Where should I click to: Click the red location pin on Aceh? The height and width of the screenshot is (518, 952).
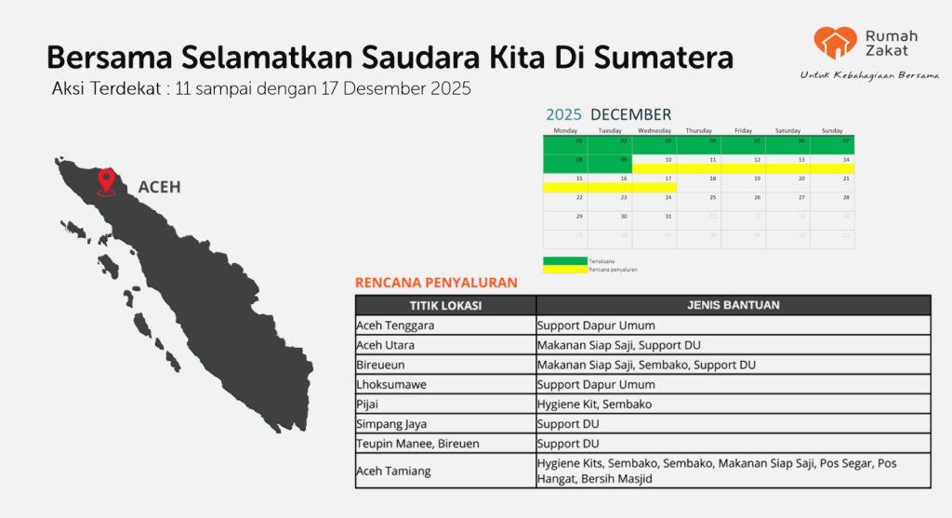(107, 180)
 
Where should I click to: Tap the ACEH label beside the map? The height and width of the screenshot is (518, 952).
(159, 187)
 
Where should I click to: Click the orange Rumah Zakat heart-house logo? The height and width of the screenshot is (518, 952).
(835, 43)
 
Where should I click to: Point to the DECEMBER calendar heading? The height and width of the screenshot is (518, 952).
(630, 114)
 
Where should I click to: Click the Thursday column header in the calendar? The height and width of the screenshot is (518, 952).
(698, 130)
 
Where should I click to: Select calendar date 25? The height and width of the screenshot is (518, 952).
(713, 197)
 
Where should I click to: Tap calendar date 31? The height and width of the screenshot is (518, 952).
(668, 216)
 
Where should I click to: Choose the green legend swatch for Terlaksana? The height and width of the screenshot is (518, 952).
(564, 260)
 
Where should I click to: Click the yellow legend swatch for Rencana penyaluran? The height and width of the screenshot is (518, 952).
(564, 269)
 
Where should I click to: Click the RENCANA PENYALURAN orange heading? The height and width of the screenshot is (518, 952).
(436, 283)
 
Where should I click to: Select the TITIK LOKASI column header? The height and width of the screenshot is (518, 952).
(445, 305)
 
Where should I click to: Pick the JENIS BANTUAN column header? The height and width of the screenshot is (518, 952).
(733, 305)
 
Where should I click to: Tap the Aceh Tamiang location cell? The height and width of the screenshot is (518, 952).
(393, 471)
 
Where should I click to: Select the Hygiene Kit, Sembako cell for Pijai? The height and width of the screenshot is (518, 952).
(594, 405)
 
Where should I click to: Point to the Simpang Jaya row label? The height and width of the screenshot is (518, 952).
(392, 424)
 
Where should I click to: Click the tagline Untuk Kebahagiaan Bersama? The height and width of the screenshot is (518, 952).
(869, 74)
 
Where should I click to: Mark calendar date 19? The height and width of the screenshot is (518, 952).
(758, 178)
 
